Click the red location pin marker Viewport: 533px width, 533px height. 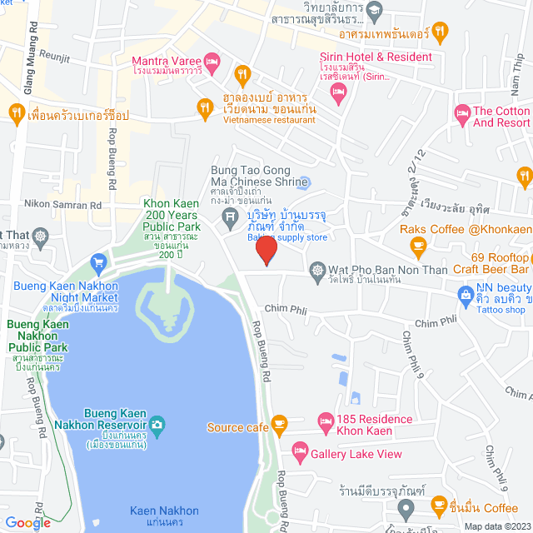[266, 250]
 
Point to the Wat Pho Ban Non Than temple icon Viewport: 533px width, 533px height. [317, 270]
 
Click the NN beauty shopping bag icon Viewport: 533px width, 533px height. [465, 293]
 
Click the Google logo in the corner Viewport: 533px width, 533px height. [28, 522]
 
